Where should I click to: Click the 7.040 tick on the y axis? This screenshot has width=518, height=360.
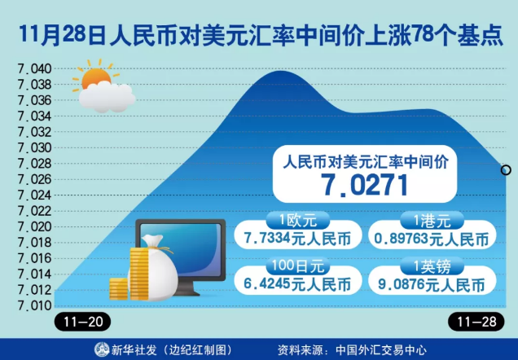tap(35, 69)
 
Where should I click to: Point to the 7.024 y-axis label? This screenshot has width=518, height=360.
tap(35, 195)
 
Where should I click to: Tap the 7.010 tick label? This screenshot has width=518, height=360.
tap(35, 305)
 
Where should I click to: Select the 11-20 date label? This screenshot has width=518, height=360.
tap(82, 322)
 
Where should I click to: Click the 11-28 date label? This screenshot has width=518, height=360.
tap(476, 322)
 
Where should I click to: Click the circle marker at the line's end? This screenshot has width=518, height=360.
tap(506, 170)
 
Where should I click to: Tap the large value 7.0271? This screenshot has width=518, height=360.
tap(365, 185)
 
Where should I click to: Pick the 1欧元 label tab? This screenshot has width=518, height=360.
tap(298, 220)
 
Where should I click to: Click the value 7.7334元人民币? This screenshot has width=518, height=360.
tap(297, 239)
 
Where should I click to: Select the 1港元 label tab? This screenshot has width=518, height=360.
tap(432, 220)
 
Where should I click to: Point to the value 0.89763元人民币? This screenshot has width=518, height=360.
tap(432, 239)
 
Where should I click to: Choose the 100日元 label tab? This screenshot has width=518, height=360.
tap(298, 266)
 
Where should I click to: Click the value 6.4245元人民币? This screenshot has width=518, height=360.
tap(297, 284)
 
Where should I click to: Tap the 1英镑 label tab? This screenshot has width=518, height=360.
tap(432, 266)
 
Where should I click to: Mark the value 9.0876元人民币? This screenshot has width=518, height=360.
tap(432, 284)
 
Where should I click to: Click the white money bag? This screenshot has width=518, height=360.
tap(156, 268)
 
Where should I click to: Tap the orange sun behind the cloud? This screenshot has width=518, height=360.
tap(96, 77)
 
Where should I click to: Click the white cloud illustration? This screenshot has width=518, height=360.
tap(107, 96)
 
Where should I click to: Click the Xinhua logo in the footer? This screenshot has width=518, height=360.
tap(102, 349)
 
